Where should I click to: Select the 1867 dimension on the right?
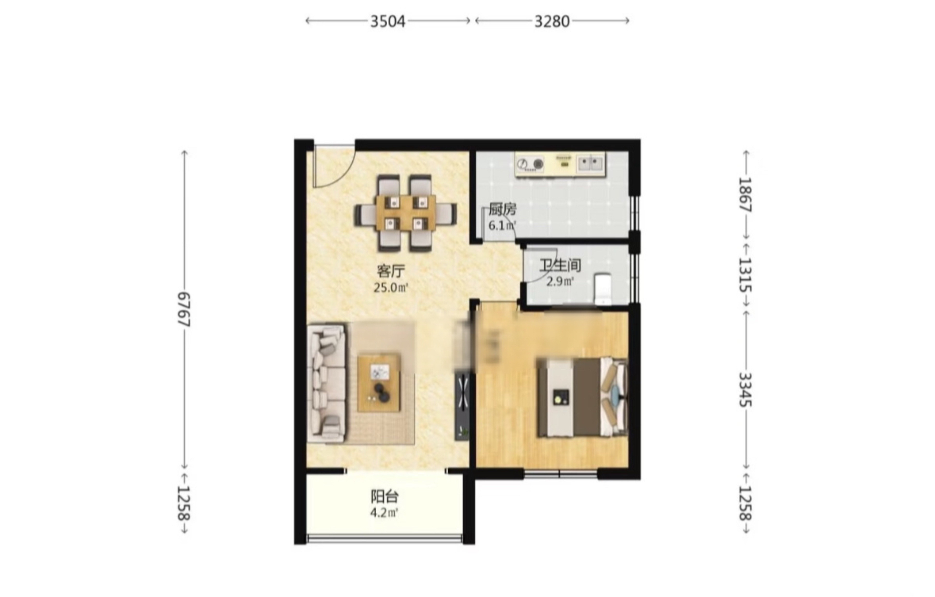(x=745, y=195)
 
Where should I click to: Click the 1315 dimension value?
(x=745, y=275)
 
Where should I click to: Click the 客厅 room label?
(x=391, y=271)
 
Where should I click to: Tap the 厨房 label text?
(x=502, y=210)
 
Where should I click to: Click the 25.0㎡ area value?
(x=391, y=288)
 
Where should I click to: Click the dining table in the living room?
(x=405, y=213)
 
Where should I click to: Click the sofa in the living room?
(x=327, y=384)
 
